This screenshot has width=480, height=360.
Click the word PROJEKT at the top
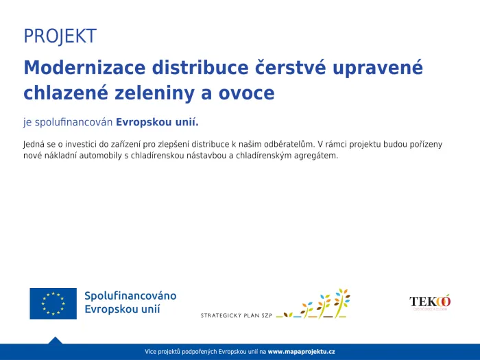click(x=60, y=36)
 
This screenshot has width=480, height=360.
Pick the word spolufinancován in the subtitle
click(x=73, y=123)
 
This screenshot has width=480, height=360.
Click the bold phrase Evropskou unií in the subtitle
click(x=157, y=123)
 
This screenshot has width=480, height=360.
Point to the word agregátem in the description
click(x=314, y=156)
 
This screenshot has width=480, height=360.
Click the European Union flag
click(x=53, y=303)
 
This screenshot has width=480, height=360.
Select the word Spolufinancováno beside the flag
click(x=130, y=296)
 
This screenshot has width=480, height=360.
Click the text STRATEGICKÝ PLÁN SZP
click(x=236, y=315)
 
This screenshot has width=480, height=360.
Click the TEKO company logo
click(x=430, y=302)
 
